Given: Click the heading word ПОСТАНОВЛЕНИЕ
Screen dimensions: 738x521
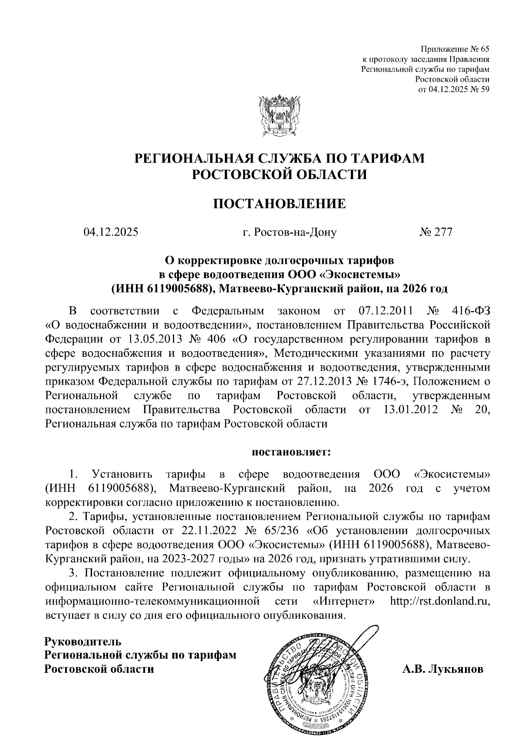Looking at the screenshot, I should coord(279,203).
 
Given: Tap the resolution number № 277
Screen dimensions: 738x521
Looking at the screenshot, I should coord(436,232).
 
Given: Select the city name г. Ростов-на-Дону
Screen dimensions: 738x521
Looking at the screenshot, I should coord(290,232).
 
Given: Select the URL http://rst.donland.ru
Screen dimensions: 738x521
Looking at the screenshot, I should coord(440,601).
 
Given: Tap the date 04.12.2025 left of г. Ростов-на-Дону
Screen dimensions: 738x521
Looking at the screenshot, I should coord(111,232).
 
